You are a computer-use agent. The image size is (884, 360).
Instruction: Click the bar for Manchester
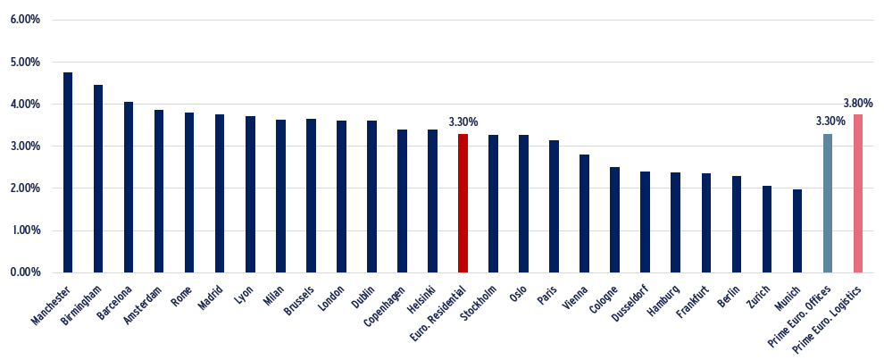pos(68,172)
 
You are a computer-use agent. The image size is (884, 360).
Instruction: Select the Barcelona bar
pos(129,188)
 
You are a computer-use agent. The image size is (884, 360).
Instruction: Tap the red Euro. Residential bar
pos(463,203)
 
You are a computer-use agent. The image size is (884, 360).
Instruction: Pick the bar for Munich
pos(797,231)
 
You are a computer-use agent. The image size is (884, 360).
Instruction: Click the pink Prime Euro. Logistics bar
pos(858,194)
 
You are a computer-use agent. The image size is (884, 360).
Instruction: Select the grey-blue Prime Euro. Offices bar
pos(828,203)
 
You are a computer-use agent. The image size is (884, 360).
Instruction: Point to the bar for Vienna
pos(585,213)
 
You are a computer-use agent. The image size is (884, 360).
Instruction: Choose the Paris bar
pos(555,206)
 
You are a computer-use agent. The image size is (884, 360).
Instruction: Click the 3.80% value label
pos(858,104)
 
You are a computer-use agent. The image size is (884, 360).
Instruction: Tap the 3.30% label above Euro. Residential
pos(463,121)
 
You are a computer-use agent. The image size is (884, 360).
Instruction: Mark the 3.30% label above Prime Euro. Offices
pos(830,121)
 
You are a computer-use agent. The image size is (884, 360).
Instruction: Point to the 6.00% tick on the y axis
pos(25,20)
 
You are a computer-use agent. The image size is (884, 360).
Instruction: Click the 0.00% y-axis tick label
pos(25,272)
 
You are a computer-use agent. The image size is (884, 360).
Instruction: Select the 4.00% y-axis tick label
pos(25,105)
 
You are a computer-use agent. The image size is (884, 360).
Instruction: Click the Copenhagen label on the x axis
pos(386,307)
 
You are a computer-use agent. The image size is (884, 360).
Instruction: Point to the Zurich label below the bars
pos(759,297)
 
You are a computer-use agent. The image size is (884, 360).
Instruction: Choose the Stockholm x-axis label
pos(478,306)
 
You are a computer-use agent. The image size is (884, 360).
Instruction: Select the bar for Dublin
pos(371,197)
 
